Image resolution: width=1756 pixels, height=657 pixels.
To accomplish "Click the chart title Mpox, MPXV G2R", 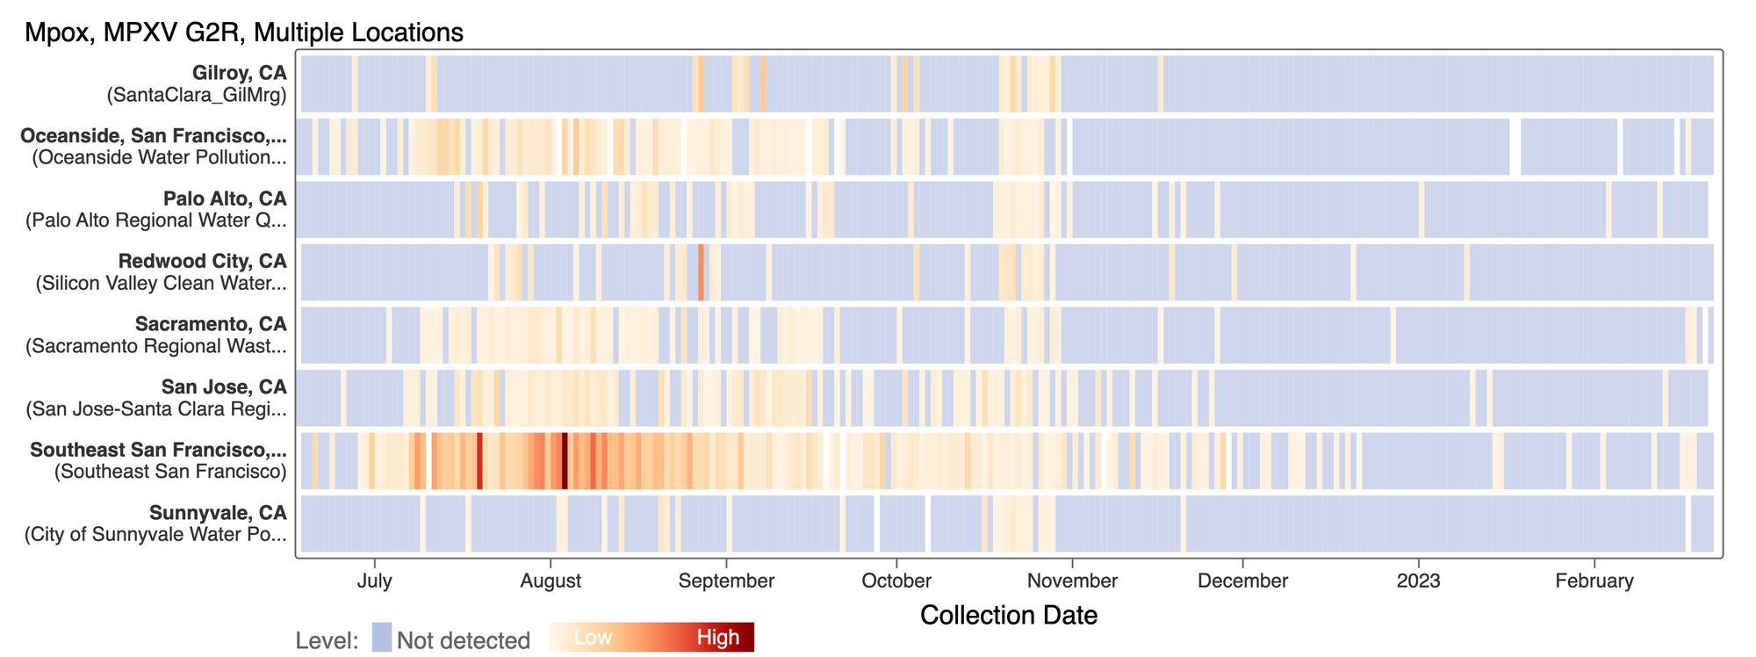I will [244, 32].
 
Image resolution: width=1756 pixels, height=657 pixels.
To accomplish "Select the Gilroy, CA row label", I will [240, 74].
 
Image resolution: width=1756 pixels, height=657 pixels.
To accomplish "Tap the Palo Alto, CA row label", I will [225, 199].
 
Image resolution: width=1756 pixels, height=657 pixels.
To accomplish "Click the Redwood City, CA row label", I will [202, 262].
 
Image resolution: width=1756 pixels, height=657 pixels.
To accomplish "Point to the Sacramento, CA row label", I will [211, 325].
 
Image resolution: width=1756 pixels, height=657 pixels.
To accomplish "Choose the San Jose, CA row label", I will [224, 387].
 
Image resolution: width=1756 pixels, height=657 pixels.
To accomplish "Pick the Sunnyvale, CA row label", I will [218, 513].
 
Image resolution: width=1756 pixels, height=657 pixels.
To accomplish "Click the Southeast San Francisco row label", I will [158, 451].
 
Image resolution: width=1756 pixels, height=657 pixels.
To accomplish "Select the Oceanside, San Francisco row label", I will [154, 136].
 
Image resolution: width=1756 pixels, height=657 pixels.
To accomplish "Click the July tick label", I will [375, 581].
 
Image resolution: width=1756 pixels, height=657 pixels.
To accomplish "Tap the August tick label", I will [551, 581].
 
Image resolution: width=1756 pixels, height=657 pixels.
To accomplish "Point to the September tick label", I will [727, 581].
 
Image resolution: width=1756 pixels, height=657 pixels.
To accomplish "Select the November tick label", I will [1072, 581].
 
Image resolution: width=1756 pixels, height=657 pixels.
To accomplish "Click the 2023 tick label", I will [1419, 581].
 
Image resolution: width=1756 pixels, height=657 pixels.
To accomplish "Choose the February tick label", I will [1594, 581].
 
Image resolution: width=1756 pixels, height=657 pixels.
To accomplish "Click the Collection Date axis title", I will [1009, 615].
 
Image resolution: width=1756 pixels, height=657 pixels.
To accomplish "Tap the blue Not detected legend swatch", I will [381, 638].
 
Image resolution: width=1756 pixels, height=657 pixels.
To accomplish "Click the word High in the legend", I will [718, 638].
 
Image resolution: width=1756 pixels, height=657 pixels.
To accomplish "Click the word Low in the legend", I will [593, 638].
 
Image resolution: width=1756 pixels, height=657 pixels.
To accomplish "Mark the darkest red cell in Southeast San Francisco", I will [565, 461].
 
